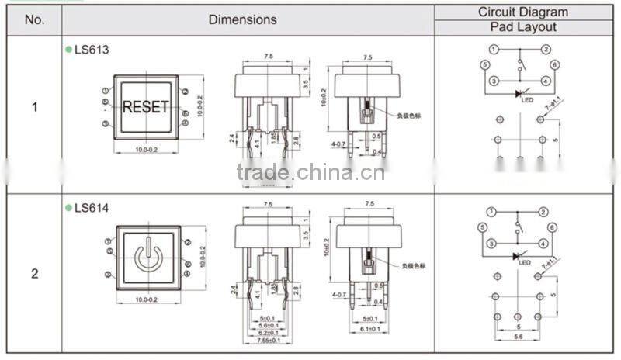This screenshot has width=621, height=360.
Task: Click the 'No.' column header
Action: click(34, 20)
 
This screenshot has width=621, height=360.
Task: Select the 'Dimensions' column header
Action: click(242, 20)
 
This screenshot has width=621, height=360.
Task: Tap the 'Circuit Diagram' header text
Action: click(522, 12)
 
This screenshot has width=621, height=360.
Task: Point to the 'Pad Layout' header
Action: click(522, 27)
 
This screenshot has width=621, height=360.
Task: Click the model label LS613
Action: click(92, 50)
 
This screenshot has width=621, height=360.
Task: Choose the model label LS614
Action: click(92, 208)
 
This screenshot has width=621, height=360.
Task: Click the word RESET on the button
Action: click(146, 106)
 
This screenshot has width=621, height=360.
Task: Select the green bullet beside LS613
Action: click(68, 50)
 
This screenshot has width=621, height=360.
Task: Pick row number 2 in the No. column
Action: click(34, 274)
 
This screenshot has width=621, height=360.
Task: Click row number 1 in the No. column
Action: click(34, 107)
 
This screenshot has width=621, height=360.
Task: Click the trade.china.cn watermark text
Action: click(310, 171)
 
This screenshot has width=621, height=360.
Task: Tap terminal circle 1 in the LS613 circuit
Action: click(493, 49)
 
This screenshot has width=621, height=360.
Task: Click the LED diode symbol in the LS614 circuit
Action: click(518, 255)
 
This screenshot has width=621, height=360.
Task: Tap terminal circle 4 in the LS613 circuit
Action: click(546, 81)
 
